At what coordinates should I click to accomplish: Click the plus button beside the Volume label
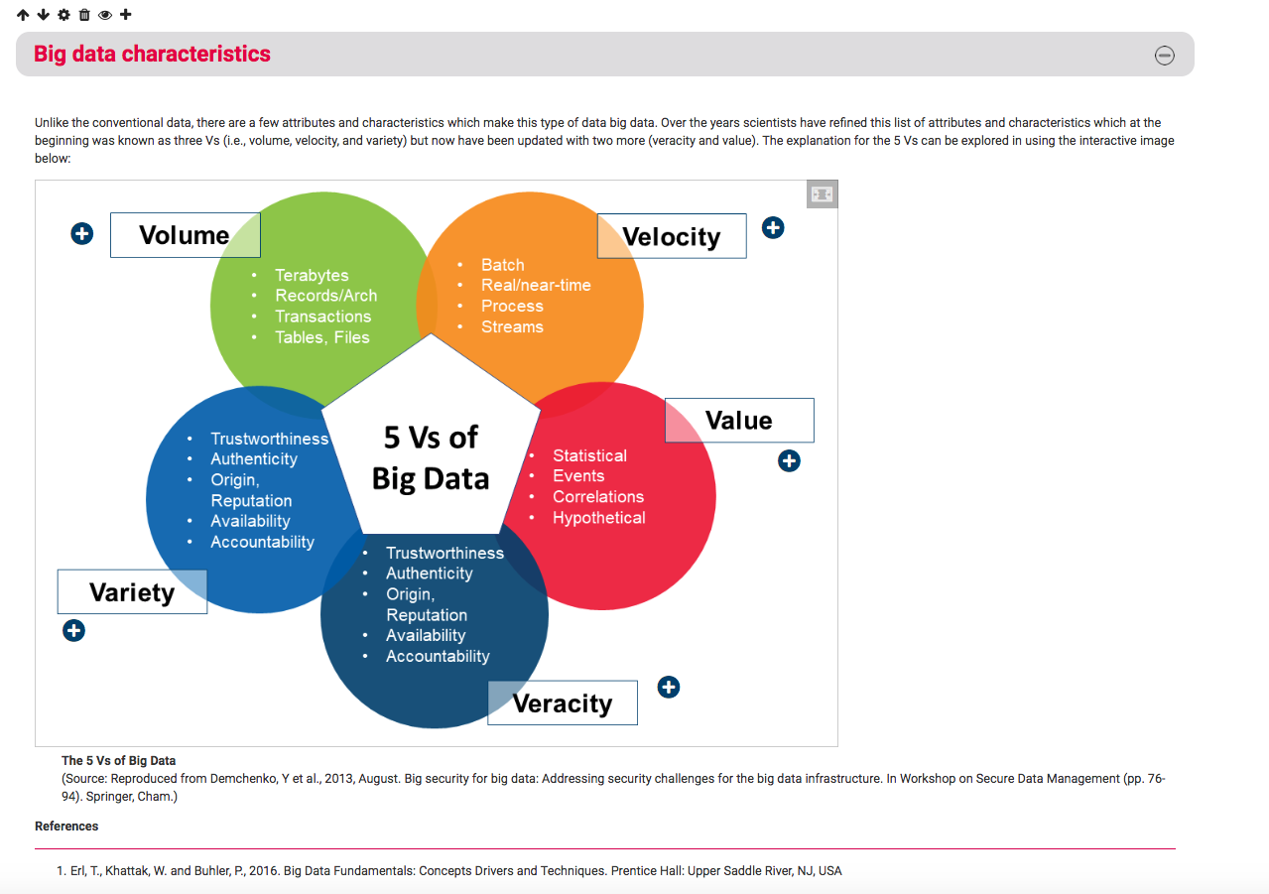pyautogui.click(x=82, y=233)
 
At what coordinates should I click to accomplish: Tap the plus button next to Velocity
pyautogui.click(x=773, y=228)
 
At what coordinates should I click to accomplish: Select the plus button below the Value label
pyautogui.click(x=789, y=460)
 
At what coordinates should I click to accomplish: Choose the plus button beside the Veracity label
pyautogui.click(x=669, y=688)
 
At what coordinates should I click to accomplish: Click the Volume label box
pyautogui.click(x=186, y=235)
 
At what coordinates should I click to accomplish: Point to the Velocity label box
pyautogui.click(x=672, y=236)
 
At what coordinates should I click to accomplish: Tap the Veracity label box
pyautogui.click(x=563, y=702)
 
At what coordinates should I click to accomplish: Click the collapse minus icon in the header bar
pyautogui.click(x=1165, y=55)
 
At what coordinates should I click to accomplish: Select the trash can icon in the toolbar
pyautogui.click(x=84, y=15)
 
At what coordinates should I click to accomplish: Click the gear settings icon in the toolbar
pyautogui.click(x=64, y=15)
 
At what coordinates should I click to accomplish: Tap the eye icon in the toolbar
pyautogui.click(x=105, y=15)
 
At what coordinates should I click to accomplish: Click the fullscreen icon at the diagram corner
pyautogui.click(x=822, y=194)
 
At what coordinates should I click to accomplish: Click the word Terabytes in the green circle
pyautogui.click(x=312, y=275)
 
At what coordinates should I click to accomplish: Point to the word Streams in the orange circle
pyautogui.click(x=512, y=326)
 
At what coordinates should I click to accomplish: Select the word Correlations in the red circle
pyautogui.click(x=598, y=497)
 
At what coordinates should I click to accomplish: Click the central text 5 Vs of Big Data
pyautogui.click(x=431, y=457)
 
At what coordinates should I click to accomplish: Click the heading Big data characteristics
pyautogui.click(x=152, y=54)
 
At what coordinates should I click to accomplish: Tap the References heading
pyautogui.click(x=66, y=826)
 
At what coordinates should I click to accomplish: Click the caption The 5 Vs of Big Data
pyautogui.click(x=118, y=760)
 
